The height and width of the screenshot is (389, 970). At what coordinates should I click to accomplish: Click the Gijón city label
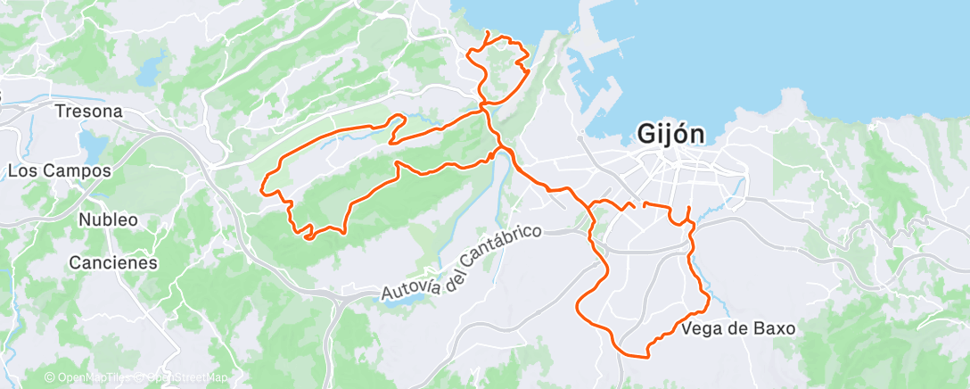[671, 135]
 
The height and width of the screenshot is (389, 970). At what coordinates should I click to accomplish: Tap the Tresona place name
[87, 112]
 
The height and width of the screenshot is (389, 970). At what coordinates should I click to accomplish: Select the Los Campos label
[59, 170]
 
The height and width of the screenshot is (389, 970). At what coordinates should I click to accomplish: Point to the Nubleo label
[108, 219]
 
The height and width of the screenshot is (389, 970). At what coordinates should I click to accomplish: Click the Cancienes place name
[113, 263]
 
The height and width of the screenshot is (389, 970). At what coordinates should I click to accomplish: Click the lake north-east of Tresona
[152, 64]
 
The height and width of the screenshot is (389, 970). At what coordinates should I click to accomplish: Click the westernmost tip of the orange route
[262, 188]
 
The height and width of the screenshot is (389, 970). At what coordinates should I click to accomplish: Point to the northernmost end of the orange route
[488, 32]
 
